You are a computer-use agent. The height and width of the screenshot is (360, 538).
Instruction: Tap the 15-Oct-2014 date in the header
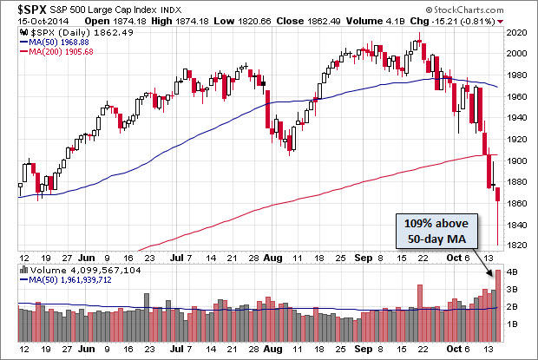(x=28, y=21)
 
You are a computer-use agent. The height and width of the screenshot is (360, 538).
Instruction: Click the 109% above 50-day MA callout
(x=438, y=229)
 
